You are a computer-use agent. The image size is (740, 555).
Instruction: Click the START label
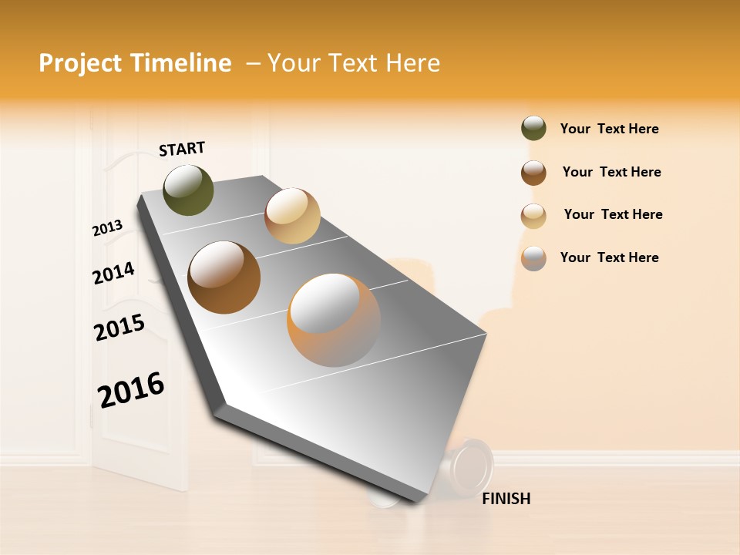[x=182, y=149]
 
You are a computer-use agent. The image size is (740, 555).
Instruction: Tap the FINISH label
[x=506, y=499]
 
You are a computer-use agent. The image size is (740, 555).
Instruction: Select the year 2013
[x=107, y=228]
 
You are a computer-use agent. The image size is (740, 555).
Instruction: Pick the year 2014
[x=113, y=273]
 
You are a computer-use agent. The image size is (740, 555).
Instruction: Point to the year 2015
[x=119, y=328]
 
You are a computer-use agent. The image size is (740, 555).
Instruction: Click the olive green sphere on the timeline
[x=188, y=190]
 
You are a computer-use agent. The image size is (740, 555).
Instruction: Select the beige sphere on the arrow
[x=292, y=216]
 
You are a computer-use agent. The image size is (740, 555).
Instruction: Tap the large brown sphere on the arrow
[x=224, y=277]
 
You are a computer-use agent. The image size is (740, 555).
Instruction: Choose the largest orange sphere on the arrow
[x=334, y=320]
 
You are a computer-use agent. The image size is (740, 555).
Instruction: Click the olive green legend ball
[x=533, y=129]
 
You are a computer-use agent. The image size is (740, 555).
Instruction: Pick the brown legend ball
[x=533, y=173]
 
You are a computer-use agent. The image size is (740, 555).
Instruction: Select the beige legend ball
[x=533, y=216]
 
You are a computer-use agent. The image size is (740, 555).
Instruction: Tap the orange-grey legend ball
[x=533, y=258]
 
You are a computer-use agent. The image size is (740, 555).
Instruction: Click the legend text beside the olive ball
[x=609, y=129]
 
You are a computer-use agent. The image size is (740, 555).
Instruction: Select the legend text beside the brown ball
[x=611, y=172]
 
